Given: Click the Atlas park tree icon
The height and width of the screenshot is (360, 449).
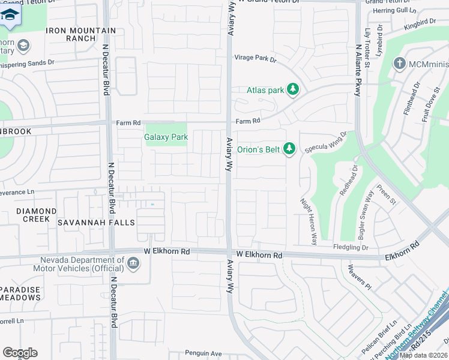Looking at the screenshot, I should [x=293, y=90].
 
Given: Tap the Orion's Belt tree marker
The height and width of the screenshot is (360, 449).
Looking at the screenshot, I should [x=289, y=148].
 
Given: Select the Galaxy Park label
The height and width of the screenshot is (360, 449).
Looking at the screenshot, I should [x=166, y=137].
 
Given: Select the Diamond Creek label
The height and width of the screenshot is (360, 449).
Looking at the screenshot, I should [x=36, y=215].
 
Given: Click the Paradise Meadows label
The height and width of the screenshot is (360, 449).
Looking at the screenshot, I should [x=20, y=293].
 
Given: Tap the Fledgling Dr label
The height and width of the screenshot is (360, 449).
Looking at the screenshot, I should [x=351, y=247].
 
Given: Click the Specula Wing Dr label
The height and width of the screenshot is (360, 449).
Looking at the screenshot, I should [x=326, y=143].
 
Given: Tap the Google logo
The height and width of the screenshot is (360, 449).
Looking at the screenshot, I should [x=20, y=353].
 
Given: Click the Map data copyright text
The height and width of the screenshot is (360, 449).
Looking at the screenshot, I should [x=423, y=355].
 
